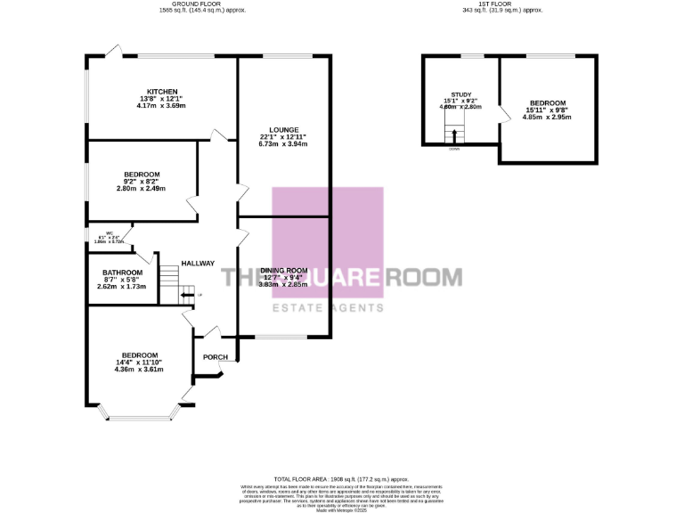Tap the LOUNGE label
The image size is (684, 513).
[284, 129]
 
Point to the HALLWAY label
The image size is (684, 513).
[198, 263]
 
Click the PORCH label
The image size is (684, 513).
[216, 357]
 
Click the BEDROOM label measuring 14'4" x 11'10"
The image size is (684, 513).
[140, 354]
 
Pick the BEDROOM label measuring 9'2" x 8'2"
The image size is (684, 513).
[142, 174]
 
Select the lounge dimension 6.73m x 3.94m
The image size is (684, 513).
[283, 144]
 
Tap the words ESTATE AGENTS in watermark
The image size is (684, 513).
[328, 307]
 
